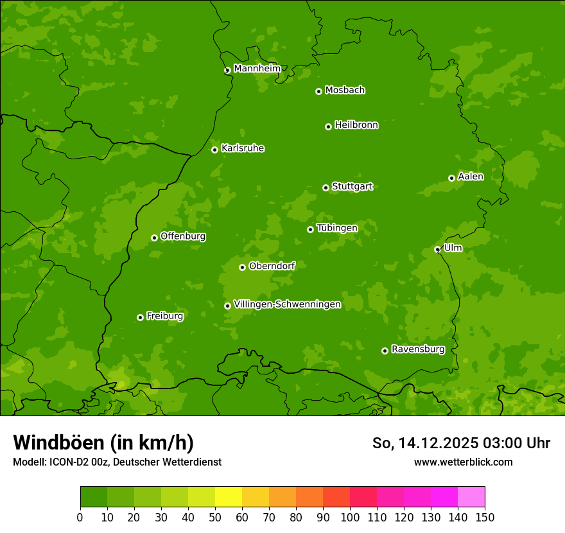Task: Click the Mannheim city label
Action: coord(257,68)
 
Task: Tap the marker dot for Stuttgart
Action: coord(326,188)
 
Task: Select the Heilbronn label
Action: coord(356,125)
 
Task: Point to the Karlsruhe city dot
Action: coord(214,150)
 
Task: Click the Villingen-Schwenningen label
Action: coord(287,304)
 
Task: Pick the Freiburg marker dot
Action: coord(140,317)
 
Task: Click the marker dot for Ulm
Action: coord(437,249)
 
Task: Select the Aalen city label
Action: coord(471,176)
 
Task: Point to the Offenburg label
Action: coord(183,236)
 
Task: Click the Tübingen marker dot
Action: coord(310,229)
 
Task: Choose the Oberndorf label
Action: coord(272,265)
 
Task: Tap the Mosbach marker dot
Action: coord(318,91)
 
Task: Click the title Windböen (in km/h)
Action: coord(103,442)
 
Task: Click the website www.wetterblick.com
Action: coord(463,462)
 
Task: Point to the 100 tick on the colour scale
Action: coord(350,517)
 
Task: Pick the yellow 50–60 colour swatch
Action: coord(229,497)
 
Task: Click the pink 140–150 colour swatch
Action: coord(471,497)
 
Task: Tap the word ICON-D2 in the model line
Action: coord(68,462)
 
